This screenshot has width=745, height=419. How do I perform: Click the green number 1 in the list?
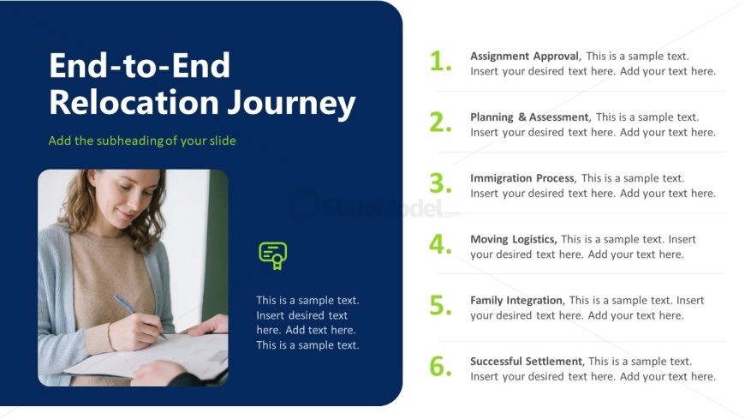pos(440,62)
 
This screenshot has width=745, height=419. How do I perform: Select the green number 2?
pos(440,123)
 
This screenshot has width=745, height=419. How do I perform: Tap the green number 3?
pos(440,183)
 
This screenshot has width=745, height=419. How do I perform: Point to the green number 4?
pos(440,244)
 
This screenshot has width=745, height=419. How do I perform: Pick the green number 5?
pos(440,305)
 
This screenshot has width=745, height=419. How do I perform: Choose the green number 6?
pos(440,367)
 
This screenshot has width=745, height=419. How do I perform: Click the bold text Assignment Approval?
pos(525,56)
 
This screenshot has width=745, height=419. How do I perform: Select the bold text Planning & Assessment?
pos(529,117)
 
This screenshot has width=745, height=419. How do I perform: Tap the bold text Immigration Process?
pos(522,178)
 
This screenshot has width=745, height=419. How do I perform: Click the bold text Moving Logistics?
pos(514,239)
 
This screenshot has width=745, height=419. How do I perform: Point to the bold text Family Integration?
pos(516,300)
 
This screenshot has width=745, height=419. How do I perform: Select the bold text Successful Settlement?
pos(526,362)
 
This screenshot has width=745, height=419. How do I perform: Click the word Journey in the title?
pos(291,104)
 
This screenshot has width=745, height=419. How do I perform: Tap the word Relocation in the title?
pos(134,102)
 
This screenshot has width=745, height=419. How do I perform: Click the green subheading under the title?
pos(142,141)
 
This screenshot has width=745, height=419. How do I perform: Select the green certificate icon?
pos(273,256)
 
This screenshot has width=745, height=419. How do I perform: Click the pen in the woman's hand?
pos(140,316)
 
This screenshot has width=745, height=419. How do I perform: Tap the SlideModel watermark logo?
pos(374,207)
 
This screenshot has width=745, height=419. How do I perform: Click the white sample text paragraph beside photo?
pos(307,322)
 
